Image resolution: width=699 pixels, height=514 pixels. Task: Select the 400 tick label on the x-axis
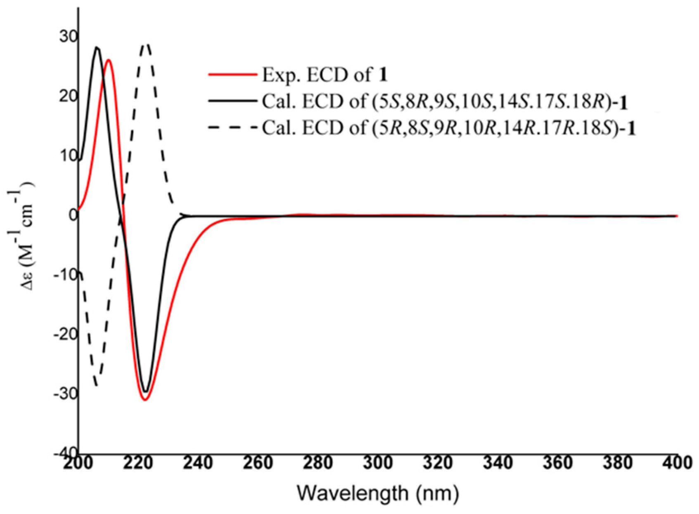(676, 463)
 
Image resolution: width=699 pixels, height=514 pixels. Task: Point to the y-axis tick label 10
(67, 156)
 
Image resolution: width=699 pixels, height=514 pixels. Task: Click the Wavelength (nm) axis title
(378, 493)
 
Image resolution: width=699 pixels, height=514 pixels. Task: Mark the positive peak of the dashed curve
(145, 44)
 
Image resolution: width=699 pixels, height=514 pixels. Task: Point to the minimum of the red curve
(145, 399)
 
